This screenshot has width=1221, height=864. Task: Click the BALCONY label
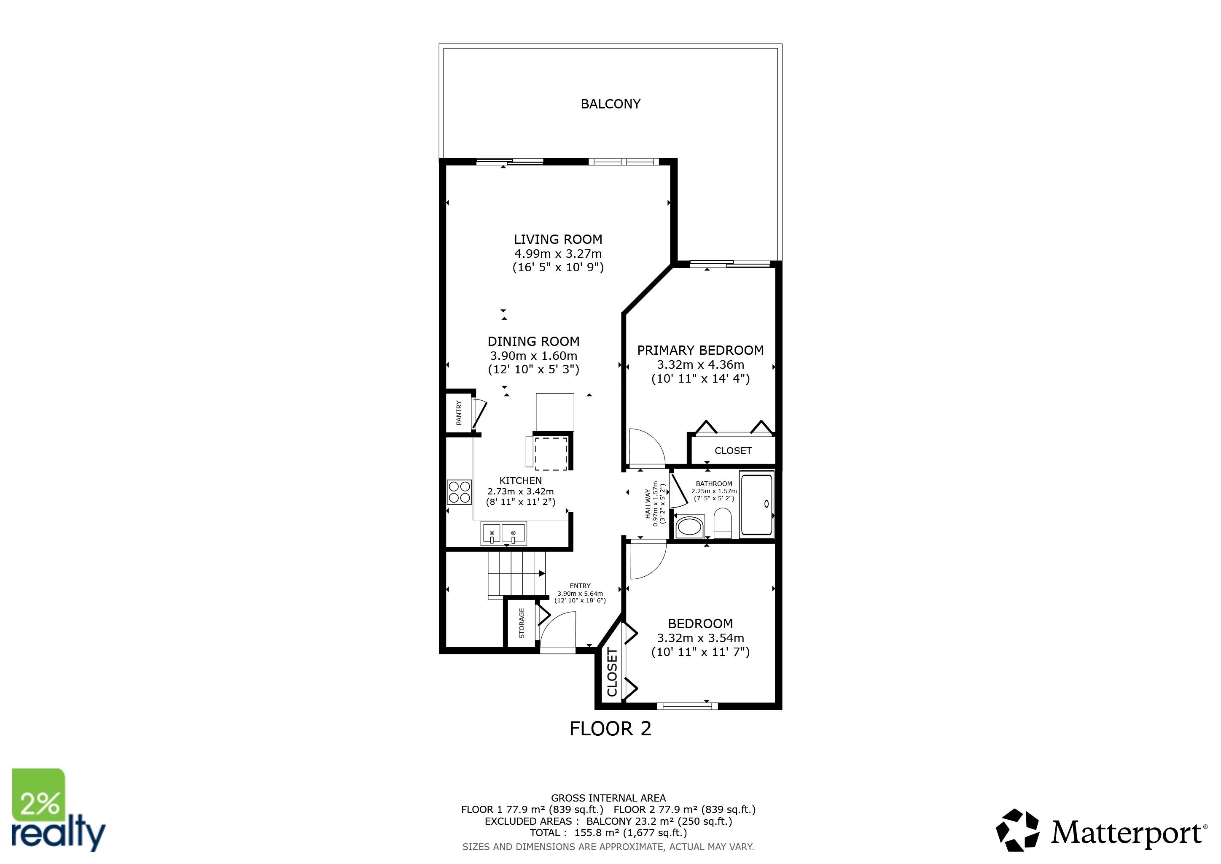click(610, 104)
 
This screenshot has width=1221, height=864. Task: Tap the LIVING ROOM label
click(557, 239)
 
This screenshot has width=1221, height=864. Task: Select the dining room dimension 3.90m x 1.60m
click(533, 355)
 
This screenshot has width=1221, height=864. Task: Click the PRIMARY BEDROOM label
click(700, 350)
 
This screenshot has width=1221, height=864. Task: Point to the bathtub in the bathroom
click(757, 504)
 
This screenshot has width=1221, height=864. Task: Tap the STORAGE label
click(522, 624)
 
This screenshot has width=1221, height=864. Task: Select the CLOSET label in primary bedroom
click(733, 451)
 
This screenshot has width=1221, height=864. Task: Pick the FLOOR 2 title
click(610, 728)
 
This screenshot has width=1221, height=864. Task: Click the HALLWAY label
click(648, 504)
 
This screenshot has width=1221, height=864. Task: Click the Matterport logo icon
click(1017, 830)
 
